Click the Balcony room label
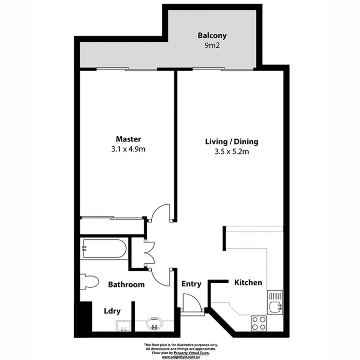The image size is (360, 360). pyautogui.click(x=212, y=35)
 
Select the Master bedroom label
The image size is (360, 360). pyautogui.click(x=128, y=139)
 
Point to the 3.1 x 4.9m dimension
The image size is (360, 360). pyautogui.click(x=128, y=149)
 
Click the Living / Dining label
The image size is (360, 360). pyautogui.click(x=231, y=142)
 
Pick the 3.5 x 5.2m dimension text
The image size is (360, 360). pyautogui.click(x=231, y=152)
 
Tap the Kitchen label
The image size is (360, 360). pyautogui.click(x=248, y=283)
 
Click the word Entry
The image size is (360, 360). pyautogui.click(x=191, y=284)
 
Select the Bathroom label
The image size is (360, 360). pyautogui.click(x=126, y=285)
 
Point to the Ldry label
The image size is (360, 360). pyautogui.click(x=112, y=311)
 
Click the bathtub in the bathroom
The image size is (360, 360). pyautogui.click(x=103, y=248)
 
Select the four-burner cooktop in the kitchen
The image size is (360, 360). pyautogui.click(x=259, y=322)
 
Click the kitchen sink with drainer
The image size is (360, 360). pyautogui.click(x=275, y=303)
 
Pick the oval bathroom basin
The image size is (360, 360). pyautogui.click(x=154, y=323)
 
